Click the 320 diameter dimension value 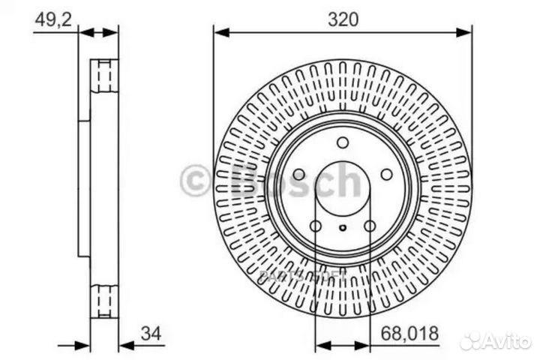coord(343,20)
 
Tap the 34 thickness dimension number coord(151,332)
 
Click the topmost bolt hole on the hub coord(343,142)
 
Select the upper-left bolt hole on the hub coord(298,174)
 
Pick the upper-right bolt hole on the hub coord(386,174)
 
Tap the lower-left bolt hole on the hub coord(316,226)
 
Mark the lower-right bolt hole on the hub coord(370,226)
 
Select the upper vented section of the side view coord(104,75)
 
